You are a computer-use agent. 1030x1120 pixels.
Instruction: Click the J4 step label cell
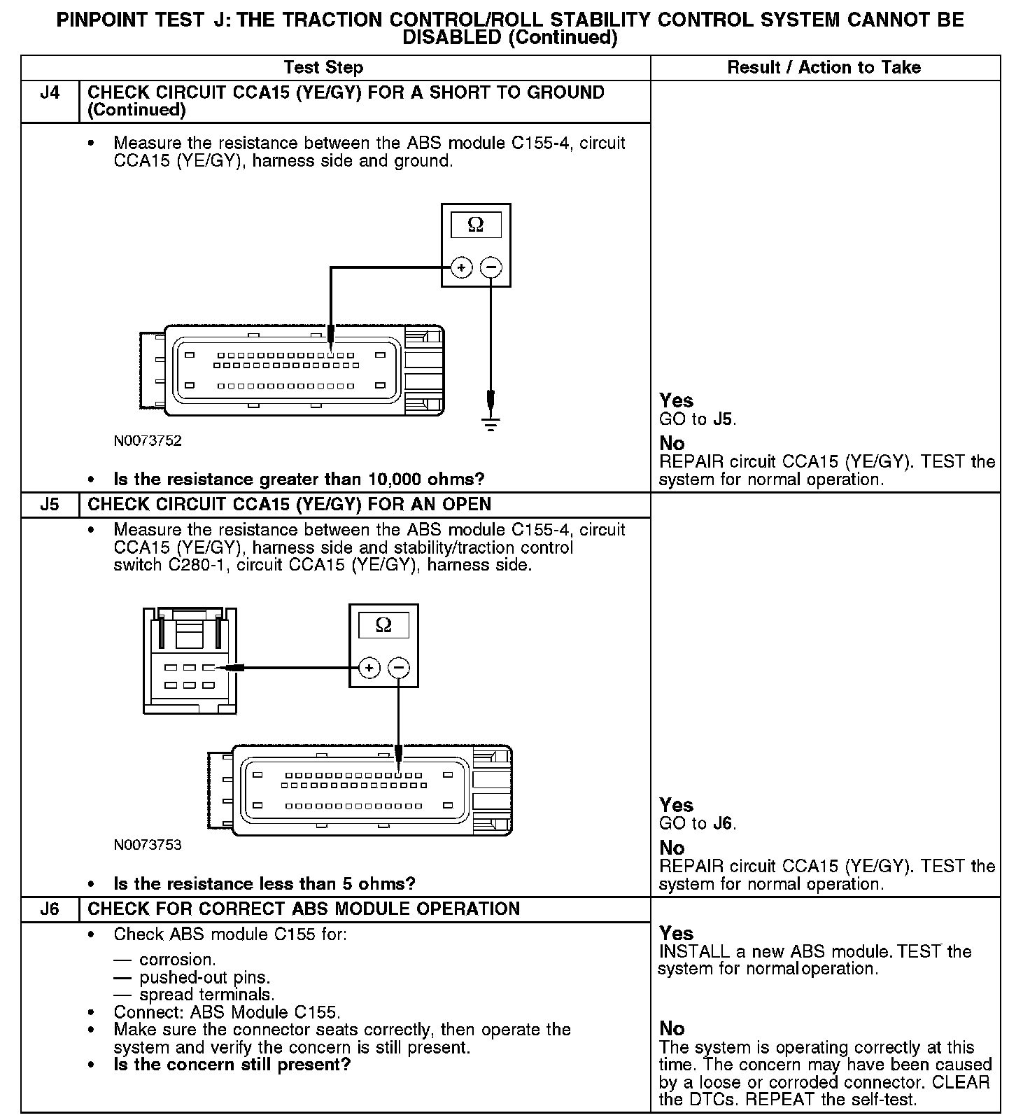pyautogui.click(x=50, y=93)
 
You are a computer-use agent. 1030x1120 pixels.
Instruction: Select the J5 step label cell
pyautogui.click(x=50, y=505)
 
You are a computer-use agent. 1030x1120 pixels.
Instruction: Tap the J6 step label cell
pyautogui.click(x=50, y=909)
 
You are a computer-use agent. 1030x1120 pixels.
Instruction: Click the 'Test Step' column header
pyautogui.click(x=323, y=68)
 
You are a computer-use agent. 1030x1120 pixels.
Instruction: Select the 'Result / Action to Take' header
pyautogui.click(x=824, y=68)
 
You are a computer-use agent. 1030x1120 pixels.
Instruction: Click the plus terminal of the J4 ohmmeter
pyautogui.click(x=461, y=267)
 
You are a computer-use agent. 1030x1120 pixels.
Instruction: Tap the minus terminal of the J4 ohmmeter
pyautogui.click(x=491, y=267)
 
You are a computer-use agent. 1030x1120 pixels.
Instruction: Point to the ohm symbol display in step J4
pyautogui.click(x=476, y=225)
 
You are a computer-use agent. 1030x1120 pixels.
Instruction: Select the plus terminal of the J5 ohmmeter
pyautogui.click(x=369, y=668)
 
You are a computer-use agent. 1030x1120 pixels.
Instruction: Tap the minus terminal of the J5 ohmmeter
pyautogui.click(x=399, y=668)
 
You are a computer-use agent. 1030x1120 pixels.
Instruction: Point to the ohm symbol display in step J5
pyautogui.click(x=383, y=624)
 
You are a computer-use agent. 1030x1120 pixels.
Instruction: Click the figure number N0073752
pyautogui.click(x=148, y=440)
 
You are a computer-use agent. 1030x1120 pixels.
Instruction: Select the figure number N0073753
pyautogui.click(x=148, y=845)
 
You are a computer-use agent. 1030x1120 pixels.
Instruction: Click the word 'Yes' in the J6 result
pyautogui.click(x=676, y=933)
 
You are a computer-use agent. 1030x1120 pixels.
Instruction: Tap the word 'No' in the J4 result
pyautogui.click(x=672, y=443)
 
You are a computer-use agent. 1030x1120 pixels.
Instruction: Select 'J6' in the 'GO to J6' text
pyautogui.click(x=723, y=824)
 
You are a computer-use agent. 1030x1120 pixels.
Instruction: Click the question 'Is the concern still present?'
pyautogui.click(x=232, y=1065)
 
